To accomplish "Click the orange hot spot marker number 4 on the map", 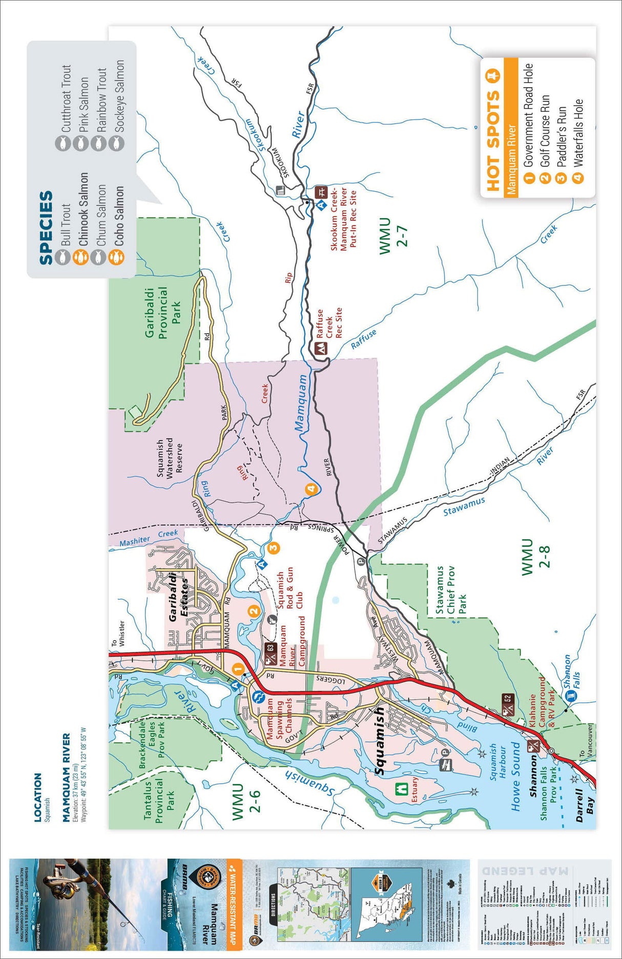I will pos(311,489).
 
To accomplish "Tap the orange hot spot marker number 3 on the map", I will pos(274,547).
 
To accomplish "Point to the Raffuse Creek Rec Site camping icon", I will pos(320,349).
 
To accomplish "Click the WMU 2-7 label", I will pos(393,236).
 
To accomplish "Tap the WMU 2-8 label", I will pos(535,557).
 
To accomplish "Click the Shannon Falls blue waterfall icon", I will pos(571,696).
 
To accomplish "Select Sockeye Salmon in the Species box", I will pos(119,96).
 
